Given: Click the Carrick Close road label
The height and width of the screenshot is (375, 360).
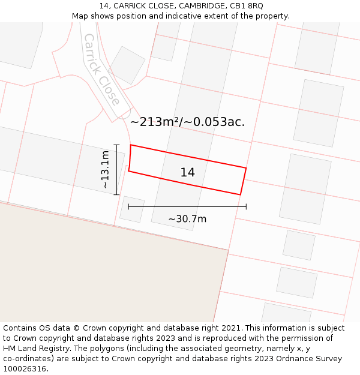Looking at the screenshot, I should tap(101, 69).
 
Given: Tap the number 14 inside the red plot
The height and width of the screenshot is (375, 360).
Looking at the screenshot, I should tap(187, 173).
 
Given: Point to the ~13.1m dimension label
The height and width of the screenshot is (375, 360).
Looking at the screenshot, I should tap(105, 170).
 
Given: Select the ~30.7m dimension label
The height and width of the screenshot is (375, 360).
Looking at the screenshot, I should tap(187, 219).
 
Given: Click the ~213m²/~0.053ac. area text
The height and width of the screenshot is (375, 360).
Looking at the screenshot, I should tap(187, 122).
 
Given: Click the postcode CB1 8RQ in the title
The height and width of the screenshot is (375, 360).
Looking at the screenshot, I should tap(247, 6).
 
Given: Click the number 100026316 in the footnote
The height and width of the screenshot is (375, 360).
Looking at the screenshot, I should tap(25, 369).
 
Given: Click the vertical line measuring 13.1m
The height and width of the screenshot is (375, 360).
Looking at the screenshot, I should tap(116, 170).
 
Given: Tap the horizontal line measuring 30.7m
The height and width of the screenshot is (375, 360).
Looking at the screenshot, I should tap(187, 206).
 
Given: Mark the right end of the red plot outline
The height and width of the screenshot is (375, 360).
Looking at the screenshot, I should tap(243, 181).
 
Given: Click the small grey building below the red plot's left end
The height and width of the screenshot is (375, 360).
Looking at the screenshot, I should tap(132, 209).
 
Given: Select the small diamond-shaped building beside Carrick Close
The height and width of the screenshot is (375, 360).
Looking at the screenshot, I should tap(127, 65).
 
